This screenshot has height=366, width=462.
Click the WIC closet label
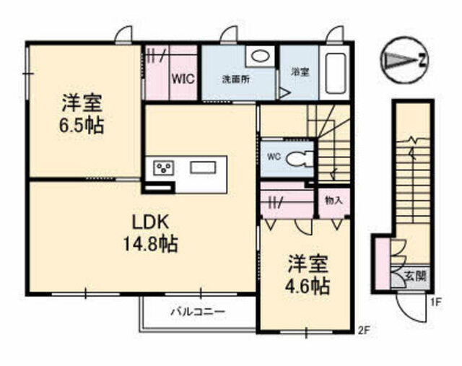[x=183, y=79]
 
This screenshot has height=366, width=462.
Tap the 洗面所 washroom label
[x=236, y=79]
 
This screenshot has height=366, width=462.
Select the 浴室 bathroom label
[x=300, y=72]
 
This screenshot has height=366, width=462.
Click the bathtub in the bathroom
[x=335, y=74]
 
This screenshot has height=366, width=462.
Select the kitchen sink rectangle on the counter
[x=203, y=167]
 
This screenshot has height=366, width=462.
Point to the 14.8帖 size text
[x=150, y=244]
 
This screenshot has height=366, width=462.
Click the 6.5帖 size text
[x=82, y=126]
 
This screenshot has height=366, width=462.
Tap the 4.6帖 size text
[x=308, y=286]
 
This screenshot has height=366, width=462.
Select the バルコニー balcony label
[x=199, y=311]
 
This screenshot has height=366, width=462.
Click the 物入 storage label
[x=334, y=201]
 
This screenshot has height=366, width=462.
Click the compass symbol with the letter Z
[x=404, y=61]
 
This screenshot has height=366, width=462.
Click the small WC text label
[x=274, y=157]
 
